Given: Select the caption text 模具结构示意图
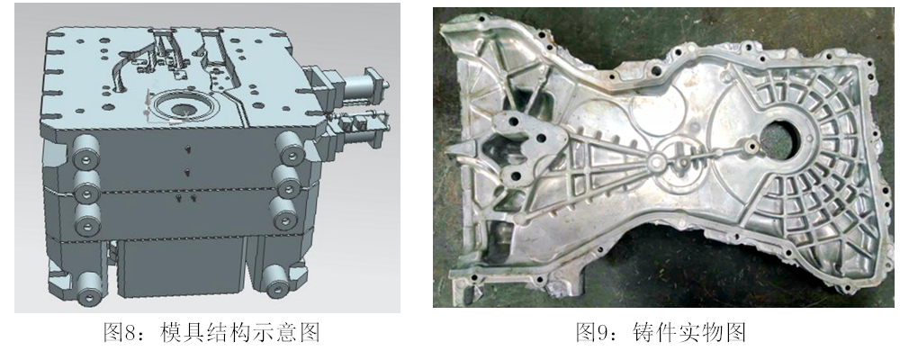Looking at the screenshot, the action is tap(241, 332).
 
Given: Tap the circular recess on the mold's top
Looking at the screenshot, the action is tap(183, 109).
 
